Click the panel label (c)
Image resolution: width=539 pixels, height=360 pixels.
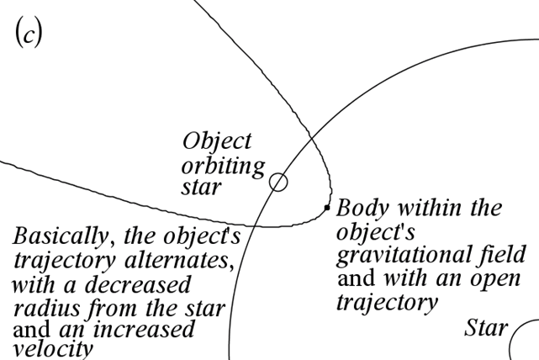pyautogui.click(x=29, y=36)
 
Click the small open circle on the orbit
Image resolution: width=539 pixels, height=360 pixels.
pyautogui.click(x=277, y=182)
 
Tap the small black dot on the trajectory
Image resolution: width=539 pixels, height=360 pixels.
pyautogui.click(x=327, y=207)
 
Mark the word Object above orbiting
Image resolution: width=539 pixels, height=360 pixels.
pyautogui.click(x=217, y=140)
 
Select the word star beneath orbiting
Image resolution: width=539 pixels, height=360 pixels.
pyautogui.click(x=202, y=187)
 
